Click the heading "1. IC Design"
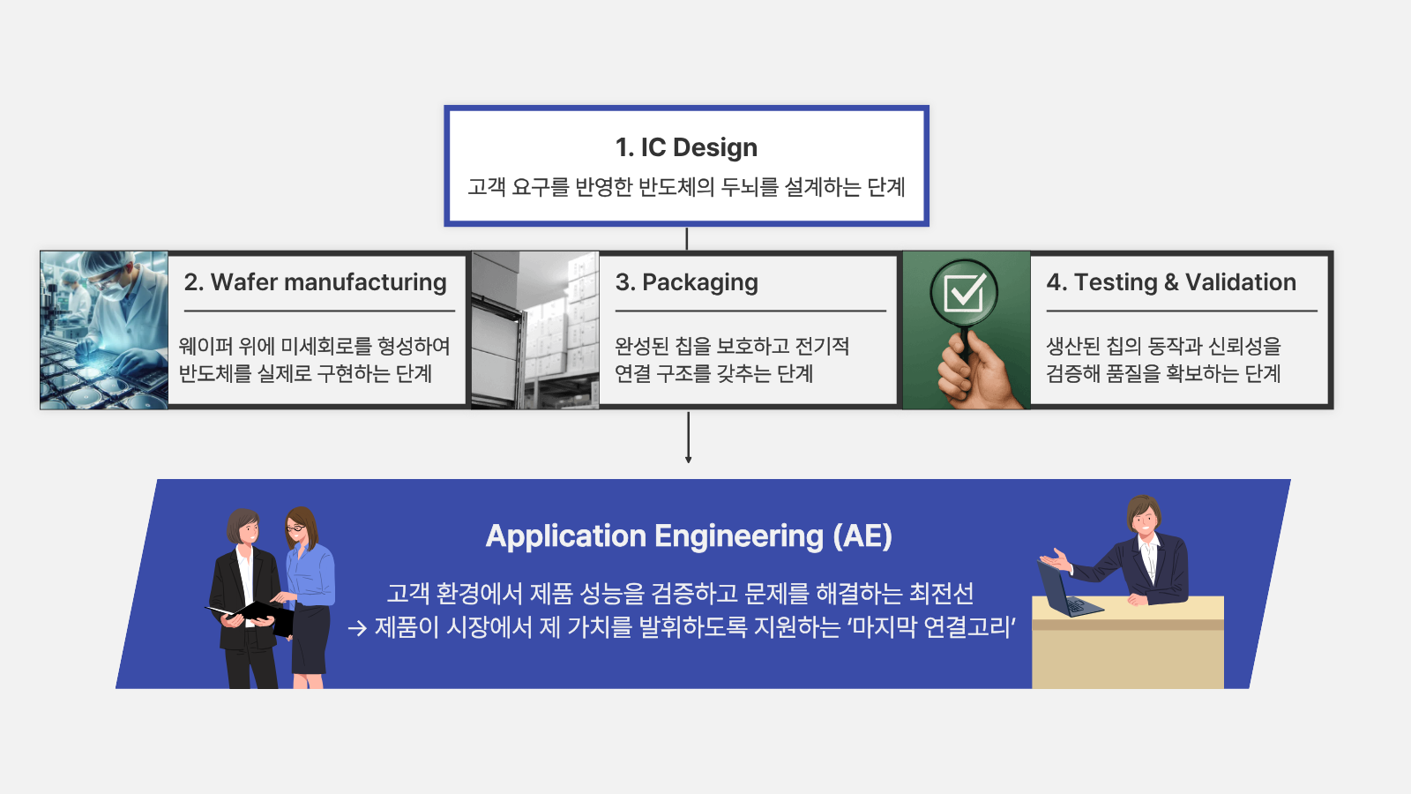pyautogui.click(x=686, y=147)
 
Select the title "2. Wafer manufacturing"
pyautogui.click(x=315, y=282)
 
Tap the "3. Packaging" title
pyautogui.click(x=687, y=283)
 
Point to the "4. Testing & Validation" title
pyautogui.click(x=1171, y=282)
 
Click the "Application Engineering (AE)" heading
pyautogui.click(x=689, y=536)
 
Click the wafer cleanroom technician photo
pyautogui.click(x=104, y=330)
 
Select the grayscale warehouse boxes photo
pyautogui.click(x=534, y=330)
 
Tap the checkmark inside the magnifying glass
pyautogui.click(x=965, y=292)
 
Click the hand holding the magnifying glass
pyautogui.click(x=975, y=371)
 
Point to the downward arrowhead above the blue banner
pyautogui.click(x=688, y=460)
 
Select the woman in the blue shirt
pyautogui.click(x=308, y=596)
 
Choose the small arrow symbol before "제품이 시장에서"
pyautogui.click(x=357, y=628)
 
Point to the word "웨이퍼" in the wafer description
pyautogui.click(x=205, y=346)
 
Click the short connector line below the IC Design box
pyautogui.click(x=687, y=239)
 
